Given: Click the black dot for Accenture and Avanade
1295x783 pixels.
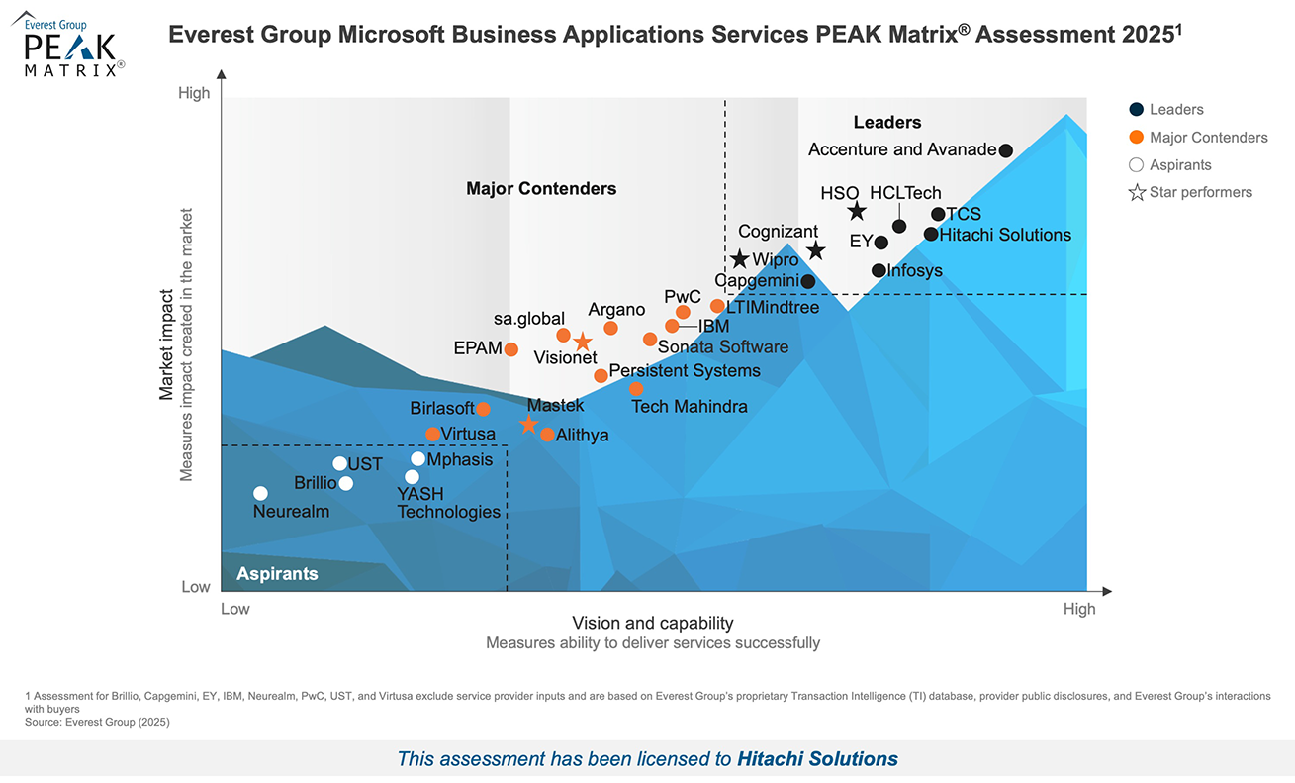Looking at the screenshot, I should (1005, 150).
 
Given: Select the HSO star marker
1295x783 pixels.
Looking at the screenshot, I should (857, 212).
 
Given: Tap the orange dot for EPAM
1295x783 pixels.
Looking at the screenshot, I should (510, 349).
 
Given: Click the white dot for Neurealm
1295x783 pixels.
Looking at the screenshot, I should (260, 493).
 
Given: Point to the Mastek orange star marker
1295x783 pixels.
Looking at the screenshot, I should (529, 425).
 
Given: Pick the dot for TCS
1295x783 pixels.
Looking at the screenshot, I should (938, 214).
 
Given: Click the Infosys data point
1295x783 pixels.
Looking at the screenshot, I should (879, 270).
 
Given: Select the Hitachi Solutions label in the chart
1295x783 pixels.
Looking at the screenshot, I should (1005, 235).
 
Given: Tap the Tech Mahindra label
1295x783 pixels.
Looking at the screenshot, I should (689, 406).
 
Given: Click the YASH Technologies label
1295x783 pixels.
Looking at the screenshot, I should (448, 503).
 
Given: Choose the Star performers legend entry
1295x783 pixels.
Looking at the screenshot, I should (1200, 192).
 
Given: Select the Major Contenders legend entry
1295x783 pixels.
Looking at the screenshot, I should (1207, 138).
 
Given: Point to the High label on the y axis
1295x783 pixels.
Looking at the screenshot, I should (194, 93).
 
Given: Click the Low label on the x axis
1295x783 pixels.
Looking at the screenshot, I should (234, 609).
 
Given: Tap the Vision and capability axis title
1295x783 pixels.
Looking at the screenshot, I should (653, 623).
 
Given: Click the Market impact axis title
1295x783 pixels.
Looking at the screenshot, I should (167, 344).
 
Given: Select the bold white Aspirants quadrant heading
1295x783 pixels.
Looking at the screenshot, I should (277, 574).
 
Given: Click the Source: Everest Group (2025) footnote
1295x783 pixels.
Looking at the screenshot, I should (97, 722).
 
